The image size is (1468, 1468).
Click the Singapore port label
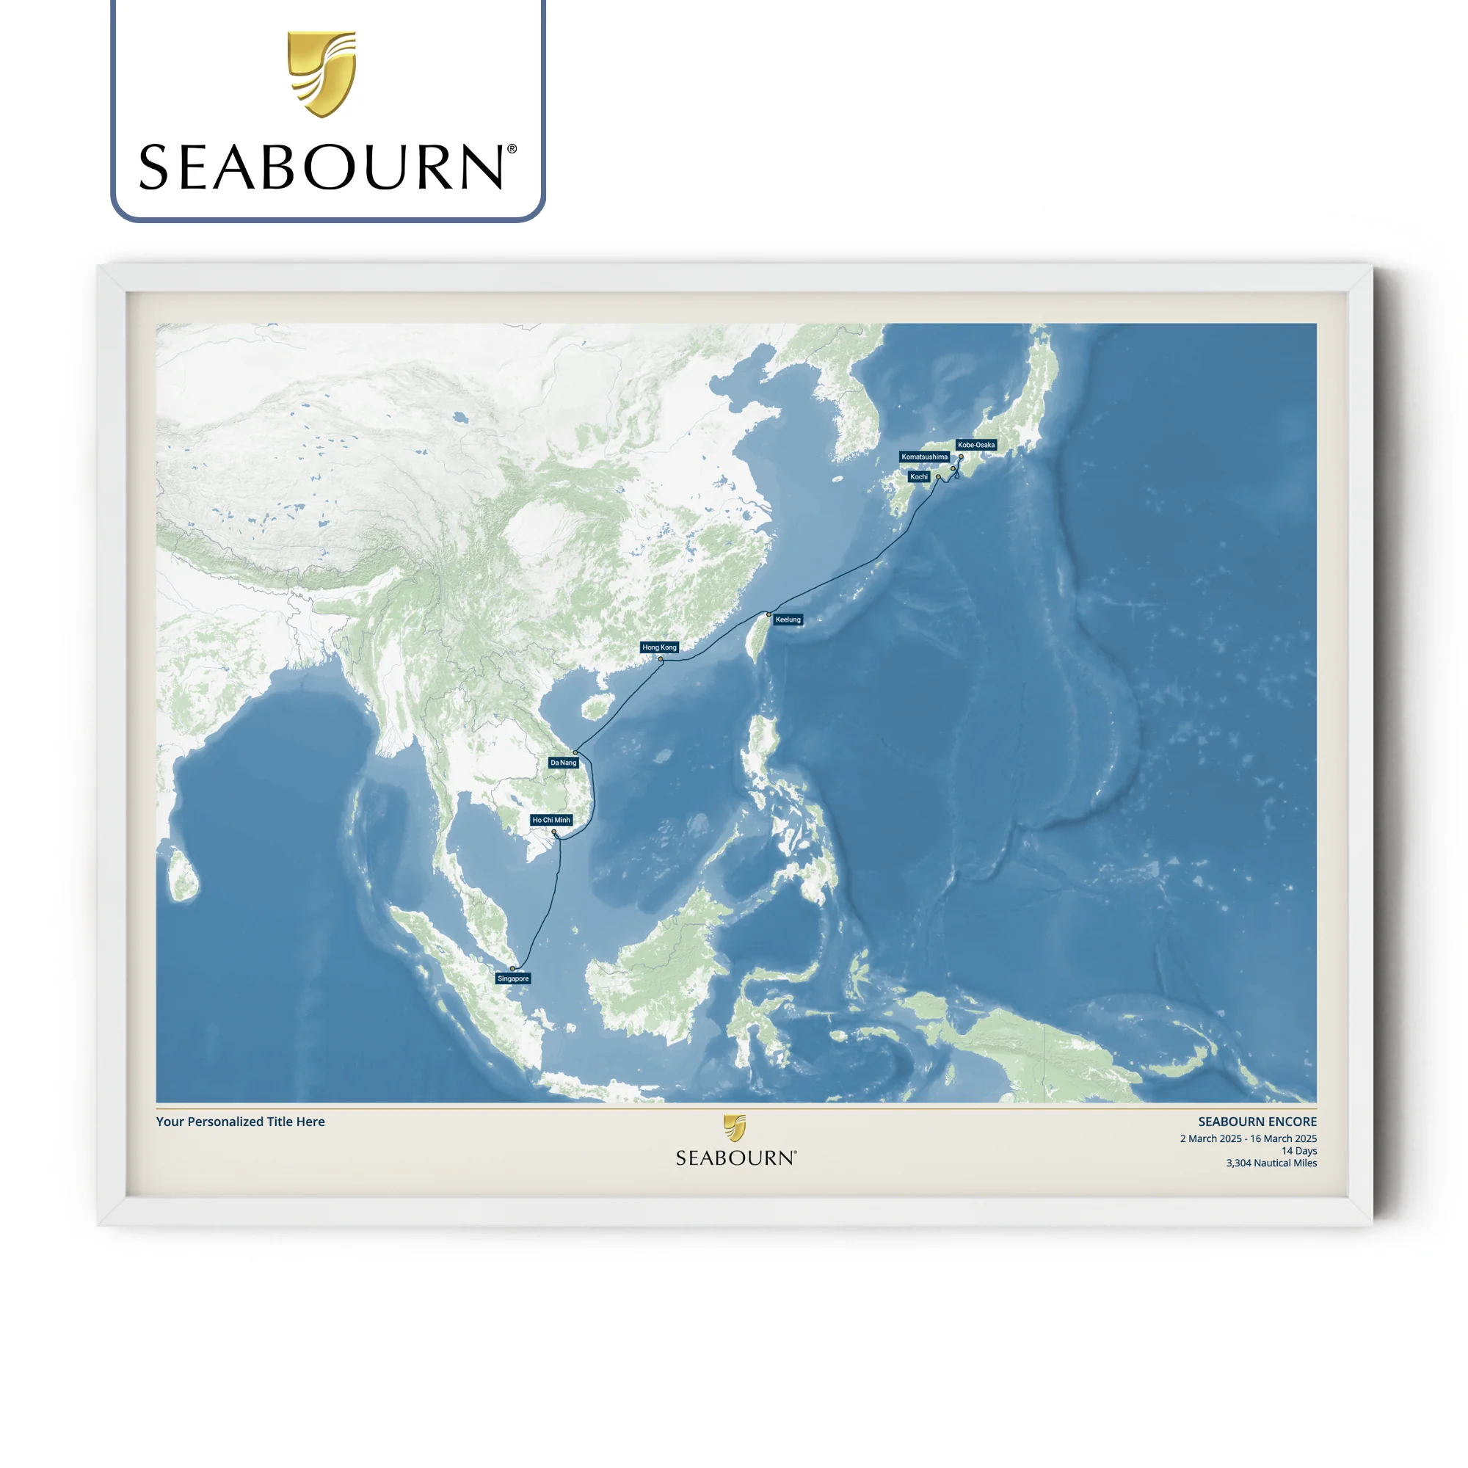(513, 978)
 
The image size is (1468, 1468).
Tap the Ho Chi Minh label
(551, 820)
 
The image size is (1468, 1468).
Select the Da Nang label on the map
(563, 762)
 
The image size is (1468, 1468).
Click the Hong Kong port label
(659, 647)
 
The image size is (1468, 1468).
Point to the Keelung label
(788, 619)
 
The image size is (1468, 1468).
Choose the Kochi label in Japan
(919, 476)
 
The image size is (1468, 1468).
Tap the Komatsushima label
(924, 457)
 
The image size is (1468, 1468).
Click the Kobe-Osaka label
(975, 445)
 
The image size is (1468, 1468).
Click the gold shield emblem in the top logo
(321, 73)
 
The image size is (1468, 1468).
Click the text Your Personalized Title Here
(240, 1122)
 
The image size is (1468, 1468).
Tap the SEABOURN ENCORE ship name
(1257, 1122)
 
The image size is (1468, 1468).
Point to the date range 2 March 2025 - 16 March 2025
(1248, 1138)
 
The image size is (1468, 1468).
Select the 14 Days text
(1298, 1150)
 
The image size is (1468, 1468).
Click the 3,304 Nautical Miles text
(1271, 1163)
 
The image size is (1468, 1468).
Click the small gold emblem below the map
(735, 1127)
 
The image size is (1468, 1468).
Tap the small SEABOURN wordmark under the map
(735, 1158)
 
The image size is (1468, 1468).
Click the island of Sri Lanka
(182, 876)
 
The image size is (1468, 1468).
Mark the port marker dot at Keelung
(769, 614)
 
